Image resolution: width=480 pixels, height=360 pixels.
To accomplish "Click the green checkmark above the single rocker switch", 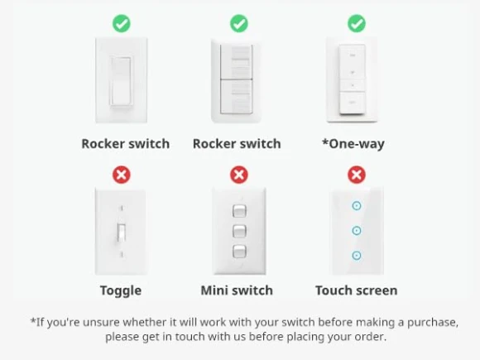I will coord(122,23).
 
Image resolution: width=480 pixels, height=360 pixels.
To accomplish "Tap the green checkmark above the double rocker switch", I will coord(239,23).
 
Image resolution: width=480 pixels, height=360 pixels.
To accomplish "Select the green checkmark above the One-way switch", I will coord(357,23).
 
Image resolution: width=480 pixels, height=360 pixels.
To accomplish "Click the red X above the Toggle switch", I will coord(122,175).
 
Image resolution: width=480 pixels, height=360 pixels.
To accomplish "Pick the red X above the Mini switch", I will coord(239,175).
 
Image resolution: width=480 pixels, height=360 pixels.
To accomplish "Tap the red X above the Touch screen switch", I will coord(357,175).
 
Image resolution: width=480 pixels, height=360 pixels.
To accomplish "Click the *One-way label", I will coord(353,143).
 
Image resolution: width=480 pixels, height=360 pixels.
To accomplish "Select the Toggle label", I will coord(121,290).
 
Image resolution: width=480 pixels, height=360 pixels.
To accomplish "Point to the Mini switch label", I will coord(237,290).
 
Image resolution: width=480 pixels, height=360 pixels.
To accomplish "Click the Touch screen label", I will coord(356,290).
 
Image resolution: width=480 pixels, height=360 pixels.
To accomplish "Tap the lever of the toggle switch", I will coord(122,232).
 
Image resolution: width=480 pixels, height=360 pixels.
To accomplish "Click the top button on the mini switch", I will coord(239,210).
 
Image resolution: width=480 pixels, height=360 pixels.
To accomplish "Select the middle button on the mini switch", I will coord(239,231).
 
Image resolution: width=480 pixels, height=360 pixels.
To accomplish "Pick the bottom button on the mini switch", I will coord(239,252).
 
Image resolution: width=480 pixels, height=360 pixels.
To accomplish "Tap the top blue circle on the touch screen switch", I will coord(357,205).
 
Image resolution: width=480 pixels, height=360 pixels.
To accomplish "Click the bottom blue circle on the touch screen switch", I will coord(357,256).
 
